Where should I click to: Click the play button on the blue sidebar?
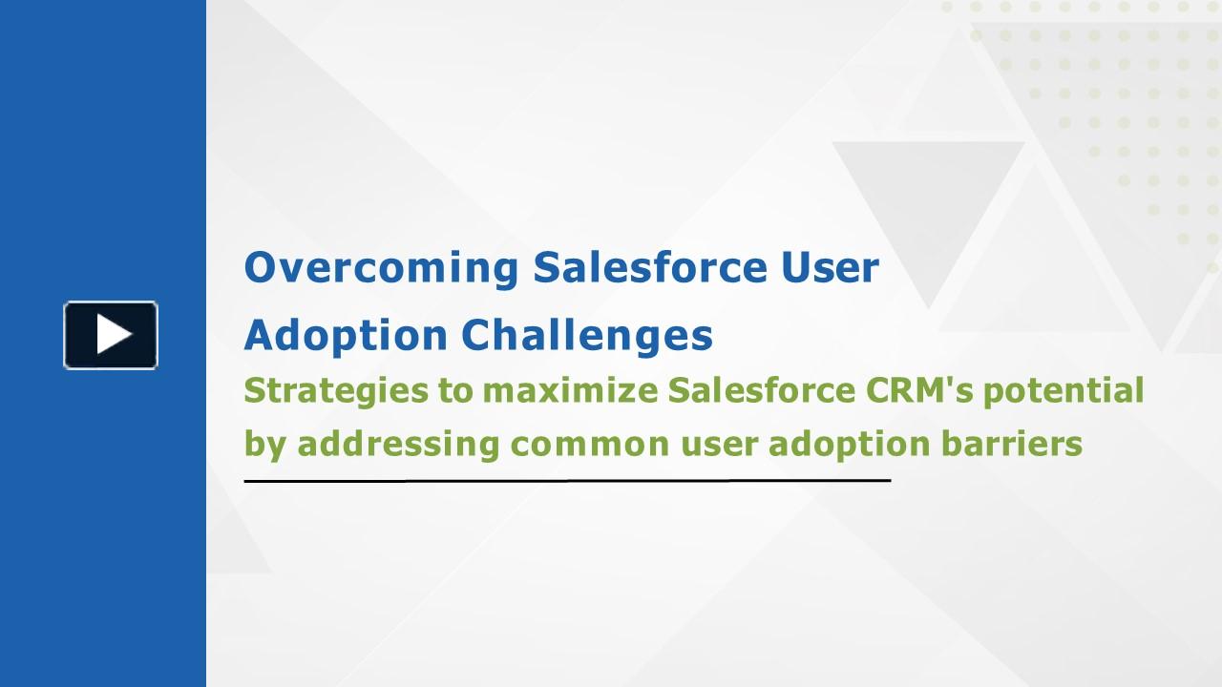111,335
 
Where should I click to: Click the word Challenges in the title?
587,335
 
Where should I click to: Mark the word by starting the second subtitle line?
264,445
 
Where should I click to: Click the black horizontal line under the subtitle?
567,481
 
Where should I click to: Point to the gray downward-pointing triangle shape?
928,200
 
